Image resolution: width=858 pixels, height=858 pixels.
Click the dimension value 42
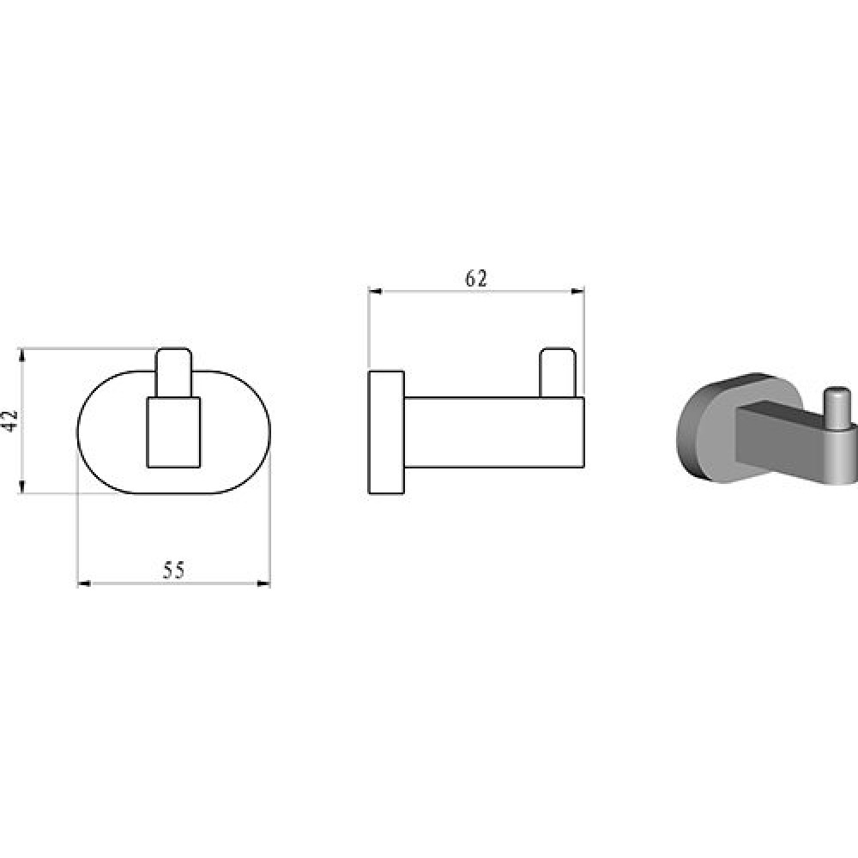(11, 420)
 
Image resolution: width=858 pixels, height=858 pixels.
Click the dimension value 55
(174, 571)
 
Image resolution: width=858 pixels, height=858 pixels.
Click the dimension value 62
(475, 279)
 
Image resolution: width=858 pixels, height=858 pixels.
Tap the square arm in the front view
(174, 432)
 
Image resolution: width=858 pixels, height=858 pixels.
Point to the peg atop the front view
(174, 372)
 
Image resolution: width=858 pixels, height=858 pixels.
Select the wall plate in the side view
(386, 432)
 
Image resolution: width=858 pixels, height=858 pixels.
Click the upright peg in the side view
(558, 372)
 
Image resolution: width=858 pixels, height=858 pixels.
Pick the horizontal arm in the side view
(495, 432)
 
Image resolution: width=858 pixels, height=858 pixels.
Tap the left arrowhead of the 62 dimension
(376, 292)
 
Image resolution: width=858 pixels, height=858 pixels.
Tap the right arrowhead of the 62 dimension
(577, 292)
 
